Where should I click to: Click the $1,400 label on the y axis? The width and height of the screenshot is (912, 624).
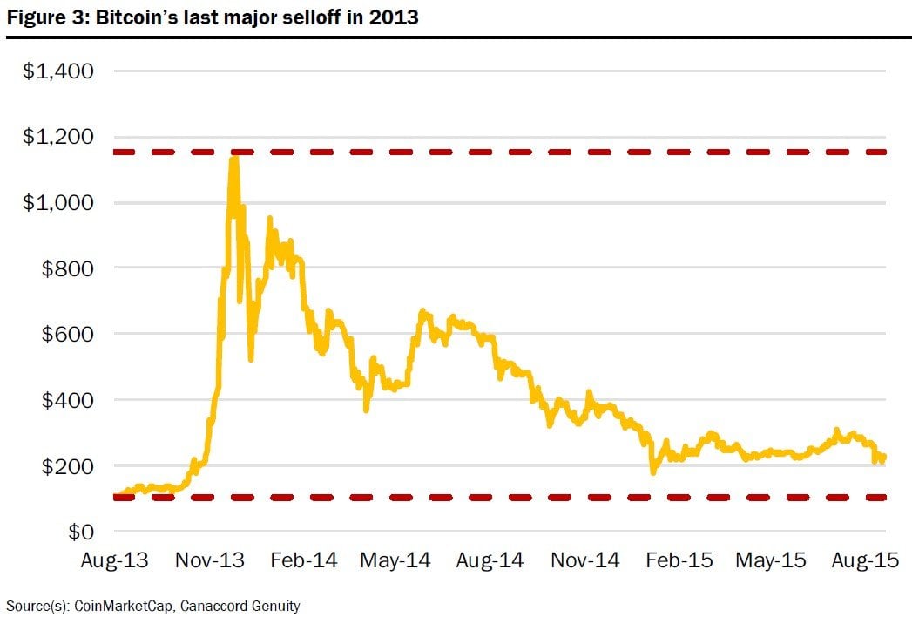(x=57, y=71)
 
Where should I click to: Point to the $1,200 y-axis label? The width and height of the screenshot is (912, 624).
(x=57, y=137)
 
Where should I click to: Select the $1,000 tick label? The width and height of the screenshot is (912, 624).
(x=57, y=202)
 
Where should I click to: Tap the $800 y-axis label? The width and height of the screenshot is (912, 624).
(x=67, y=268)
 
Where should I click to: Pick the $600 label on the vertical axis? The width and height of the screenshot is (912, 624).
(x=67, y=334)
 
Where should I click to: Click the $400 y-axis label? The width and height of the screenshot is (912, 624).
(x=67, y=400)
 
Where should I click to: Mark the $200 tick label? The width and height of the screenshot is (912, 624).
(x=67, y=465)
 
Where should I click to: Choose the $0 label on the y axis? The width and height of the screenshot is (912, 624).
(x=81, y=531)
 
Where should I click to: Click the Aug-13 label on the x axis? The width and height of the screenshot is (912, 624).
(x=114, y=560)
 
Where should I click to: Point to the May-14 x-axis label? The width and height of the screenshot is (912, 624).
(x=395, y=560)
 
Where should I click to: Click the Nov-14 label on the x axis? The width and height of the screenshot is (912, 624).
(x=584, y=560)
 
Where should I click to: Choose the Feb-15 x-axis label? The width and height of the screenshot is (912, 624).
(x=679, y=560)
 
